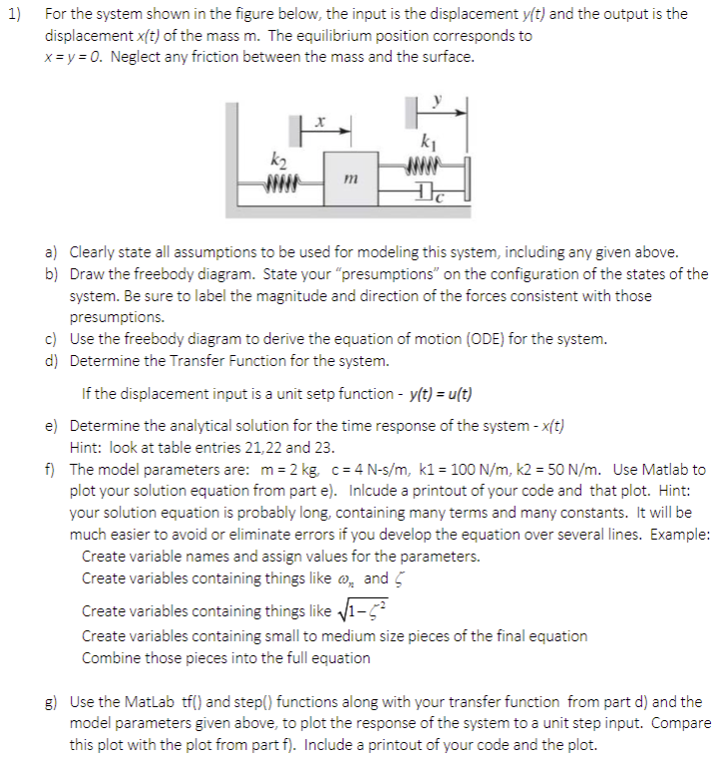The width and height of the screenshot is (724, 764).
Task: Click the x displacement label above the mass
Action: coord(317,118)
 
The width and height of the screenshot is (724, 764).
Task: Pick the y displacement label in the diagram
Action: coord(436,100)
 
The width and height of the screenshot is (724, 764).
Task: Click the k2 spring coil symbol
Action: coord(280,183)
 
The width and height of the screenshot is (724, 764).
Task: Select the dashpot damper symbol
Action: coord(426,191)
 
